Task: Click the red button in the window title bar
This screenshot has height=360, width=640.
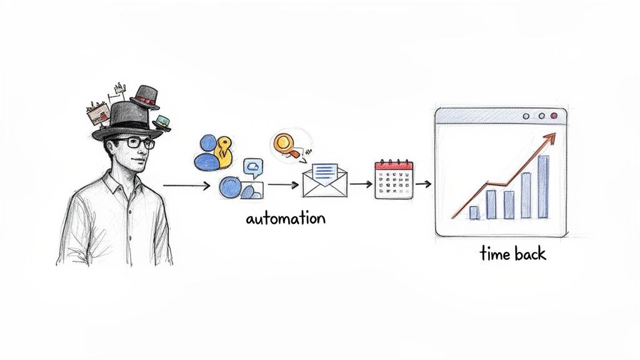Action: [x=553, y=116]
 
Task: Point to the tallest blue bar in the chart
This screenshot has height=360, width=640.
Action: [x=542, y=187]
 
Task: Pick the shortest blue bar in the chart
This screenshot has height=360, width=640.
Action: [x=474, y=212]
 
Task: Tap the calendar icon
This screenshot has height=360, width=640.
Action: [x=394, y=180]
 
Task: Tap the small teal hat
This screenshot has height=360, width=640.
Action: [x=162, y=122]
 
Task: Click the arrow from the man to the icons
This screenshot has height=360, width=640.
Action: [x=186, y=186]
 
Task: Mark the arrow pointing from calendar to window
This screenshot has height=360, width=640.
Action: [x=423, y=184]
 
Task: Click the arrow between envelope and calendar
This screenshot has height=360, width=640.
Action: [x=360, y=184]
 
